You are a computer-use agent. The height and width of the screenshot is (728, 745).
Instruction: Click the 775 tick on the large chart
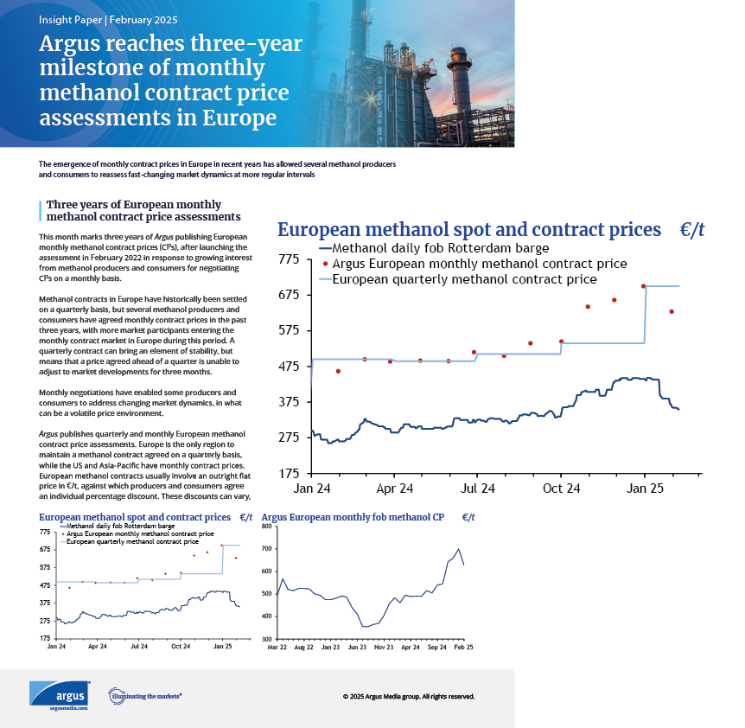[x=287, y=259]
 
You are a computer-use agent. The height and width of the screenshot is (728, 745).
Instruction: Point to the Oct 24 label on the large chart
[x=560, y=489]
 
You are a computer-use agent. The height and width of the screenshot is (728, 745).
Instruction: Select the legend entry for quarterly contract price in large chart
[x=464, y=279]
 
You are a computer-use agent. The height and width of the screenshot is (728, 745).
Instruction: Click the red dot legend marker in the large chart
[x=325, y=264]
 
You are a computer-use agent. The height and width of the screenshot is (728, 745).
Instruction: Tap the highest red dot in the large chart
[x=644, y=286]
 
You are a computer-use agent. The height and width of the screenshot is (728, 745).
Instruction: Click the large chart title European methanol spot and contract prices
[x=468, y=229]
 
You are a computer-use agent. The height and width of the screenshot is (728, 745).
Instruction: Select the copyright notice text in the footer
[x=408, y=696]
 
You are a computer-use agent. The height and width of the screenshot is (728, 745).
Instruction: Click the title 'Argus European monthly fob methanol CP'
[x=353, y=517]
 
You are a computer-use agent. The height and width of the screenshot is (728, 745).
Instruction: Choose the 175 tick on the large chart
[x=287, y=473]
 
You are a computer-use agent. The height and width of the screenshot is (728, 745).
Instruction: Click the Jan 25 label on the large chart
[x=644, y=489]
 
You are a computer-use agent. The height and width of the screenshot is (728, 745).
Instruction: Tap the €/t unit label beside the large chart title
[x=691, y=229]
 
